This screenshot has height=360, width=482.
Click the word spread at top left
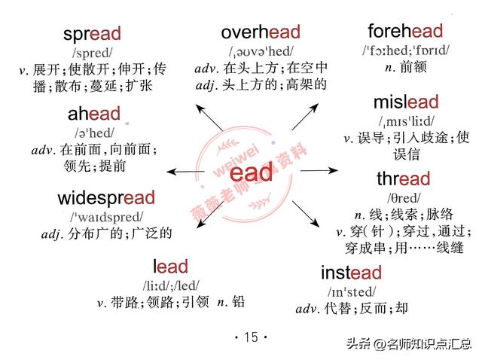[92, 34]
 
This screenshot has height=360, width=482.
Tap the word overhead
[261, 32]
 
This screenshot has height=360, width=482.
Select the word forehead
[405, 31]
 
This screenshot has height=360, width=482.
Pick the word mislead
[406, 102]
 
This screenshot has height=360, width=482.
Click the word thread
[403, 179]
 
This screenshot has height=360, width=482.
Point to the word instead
[351, 273]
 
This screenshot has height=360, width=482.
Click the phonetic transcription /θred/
[404, 198]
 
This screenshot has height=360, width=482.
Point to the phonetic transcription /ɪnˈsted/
[352, 291]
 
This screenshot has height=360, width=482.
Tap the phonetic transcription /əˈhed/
[93, 132]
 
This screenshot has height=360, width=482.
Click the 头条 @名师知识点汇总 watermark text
[408, 344]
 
